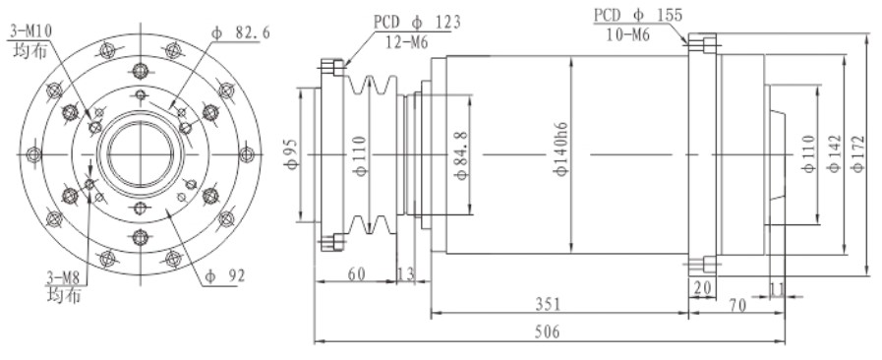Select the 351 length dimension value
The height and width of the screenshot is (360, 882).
pyautogui.click(x=548, y=304)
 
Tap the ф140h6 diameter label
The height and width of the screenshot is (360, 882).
pyautogui.click(x=561, y=150)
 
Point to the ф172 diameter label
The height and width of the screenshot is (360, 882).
pyautogui.click(x=858, y=153)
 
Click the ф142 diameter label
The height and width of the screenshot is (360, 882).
pyautogui.click(x=834, y=153)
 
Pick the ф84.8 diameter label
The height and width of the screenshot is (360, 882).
pyautogui.click(x=462, y=153)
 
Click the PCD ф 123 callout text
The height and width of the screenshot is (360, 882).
pyautogui.click(x=417, y=23)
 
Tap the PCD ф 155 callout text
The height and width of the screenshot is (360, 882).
pyautogui.click(x=638, y=15)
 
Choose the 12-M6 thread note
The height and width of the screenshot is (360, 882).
pyautogui.click(x=407, y=41)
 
